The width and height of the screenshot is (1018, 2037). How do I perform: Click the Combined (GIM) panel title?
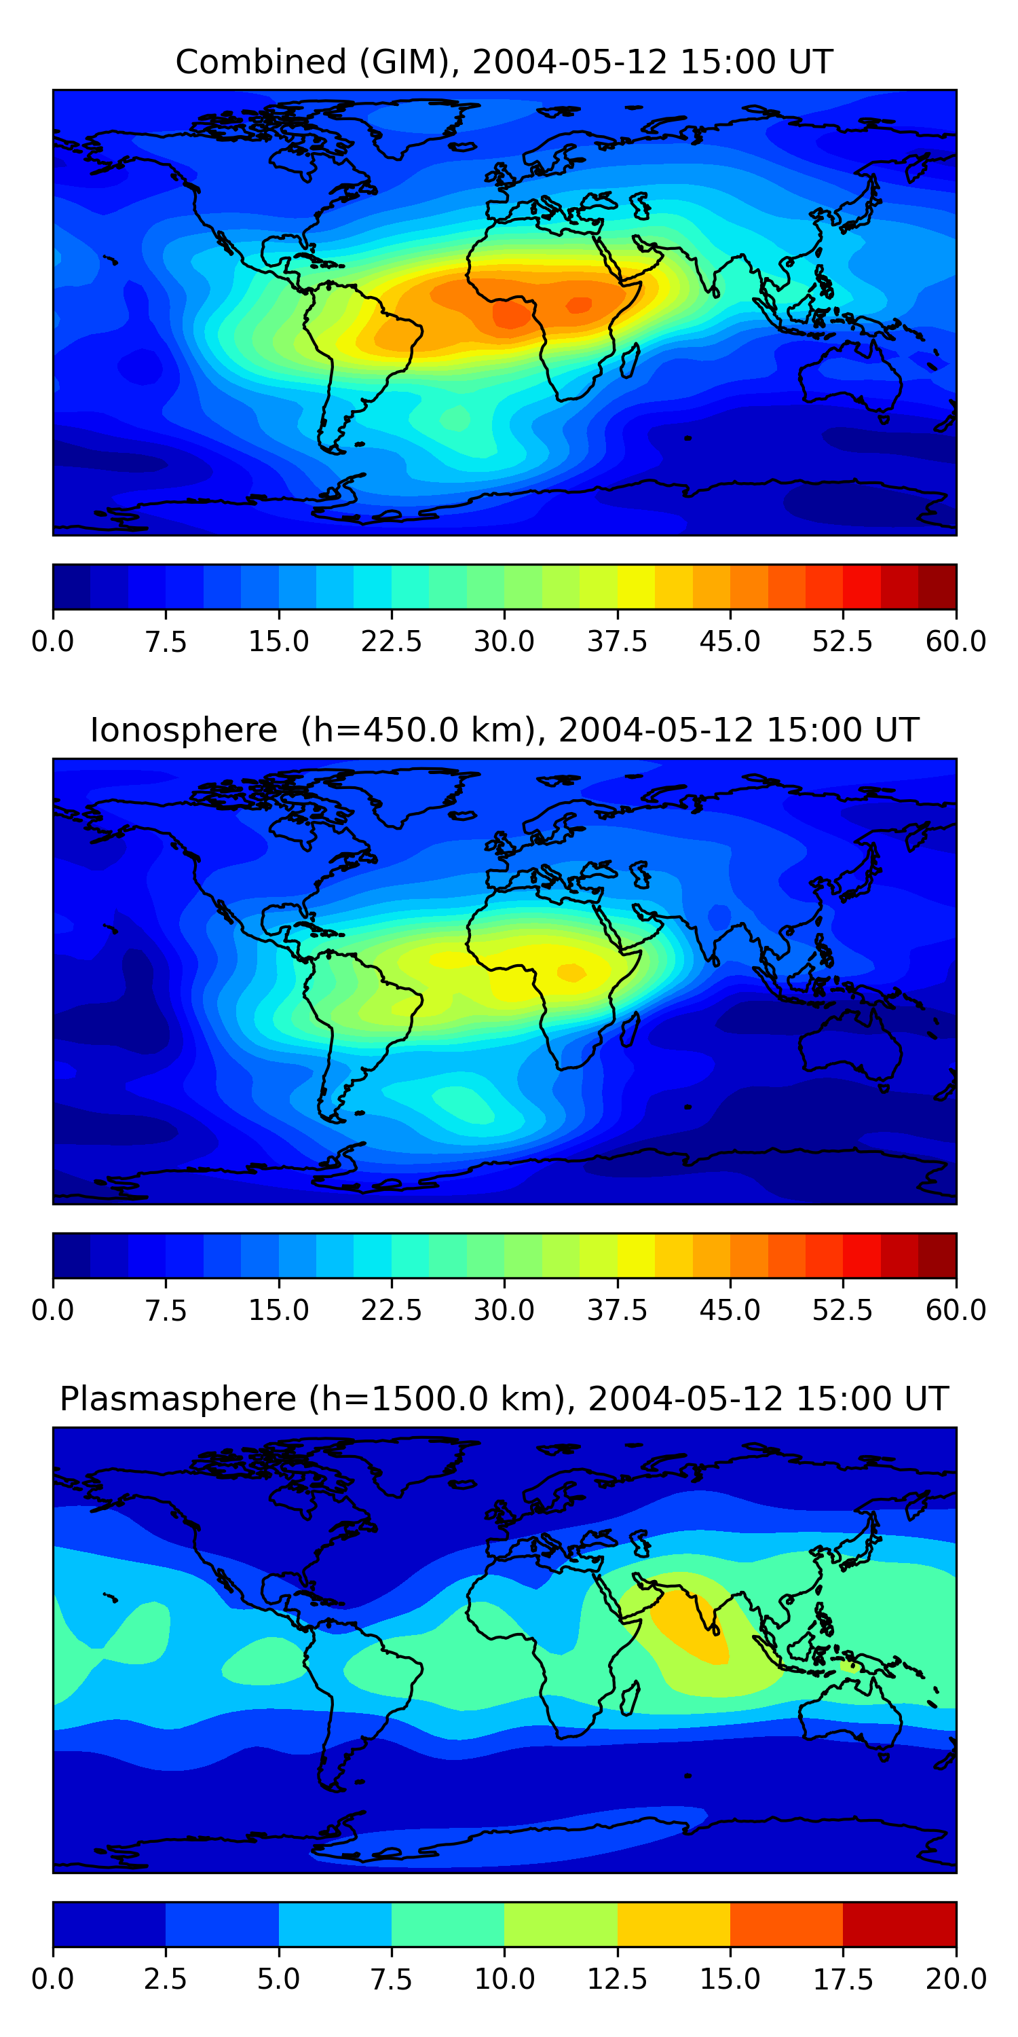[504, 62]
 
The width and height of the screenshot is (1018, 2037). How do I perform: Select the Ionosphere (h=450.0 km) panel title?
[504, 730]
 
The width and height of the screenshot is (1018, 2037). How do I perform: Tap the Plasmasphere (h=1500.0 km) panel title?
[504, 1398]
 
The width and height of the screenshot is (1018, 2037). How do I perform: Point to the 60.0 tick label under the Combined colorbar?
[956, 641]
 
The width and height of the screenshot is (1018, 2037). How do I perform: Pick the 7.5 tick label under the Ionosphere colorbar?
[165, 1310]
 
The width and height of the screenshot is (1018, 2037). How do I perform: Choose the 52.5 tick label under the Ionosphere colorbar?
[842, 1310]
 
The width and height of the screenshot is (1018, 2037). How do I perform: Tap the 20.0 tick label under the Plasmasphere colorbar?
[956, 1979]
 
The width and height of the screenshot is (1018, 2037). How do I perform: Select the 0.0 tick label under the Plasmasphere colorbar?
[53, 1979]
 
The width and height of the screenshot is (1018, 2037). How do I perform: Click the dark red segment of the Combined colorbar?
[937, 587]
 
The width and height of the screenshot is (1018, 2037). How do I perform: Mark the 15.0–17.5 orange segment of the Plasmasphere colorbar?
[787, 1924]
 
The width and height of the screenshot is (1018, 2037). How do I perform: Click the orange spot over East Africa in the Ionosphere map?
[571, 972]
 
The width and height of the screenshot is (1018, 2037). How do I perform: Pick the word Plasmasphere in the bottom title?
[178, 1398]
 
